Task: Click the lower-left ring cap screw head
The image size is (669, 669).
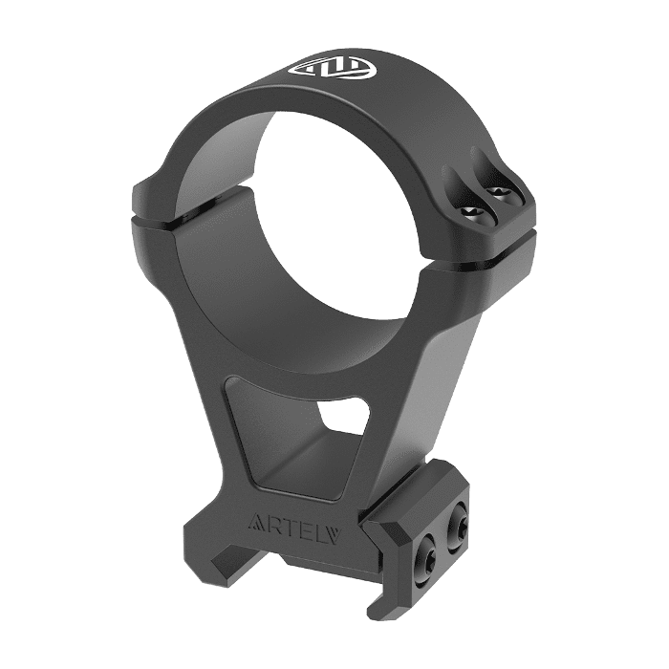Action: [x=472, y=212]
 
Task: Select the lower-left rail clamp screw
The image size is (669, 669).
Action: [x=424, y=553]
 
